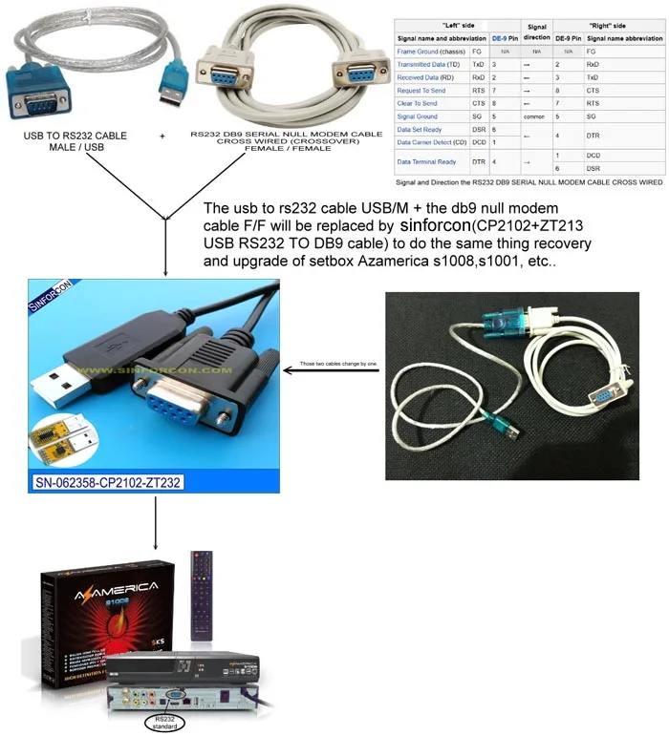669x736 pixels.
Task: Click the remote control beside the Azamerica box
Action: (x=203, y=593)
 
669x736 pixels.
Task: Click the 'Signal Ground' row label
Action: (x=417, y=116)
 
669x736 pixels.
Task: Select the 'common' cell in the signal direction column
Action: (x=536, y=116)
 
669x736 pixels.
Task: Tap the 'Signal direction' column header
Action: (x=536, y=31)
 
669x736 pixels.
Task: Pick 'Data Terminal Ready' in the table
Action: (x=425, y=162)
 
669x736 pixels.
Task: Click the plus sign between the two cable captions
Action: (x=162, y=137)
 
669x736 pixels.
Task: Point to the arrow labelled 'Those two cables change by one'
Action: (x=331, y=364)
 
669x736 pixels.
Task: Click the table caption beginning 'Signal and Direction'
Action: (x=529, y=181)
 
